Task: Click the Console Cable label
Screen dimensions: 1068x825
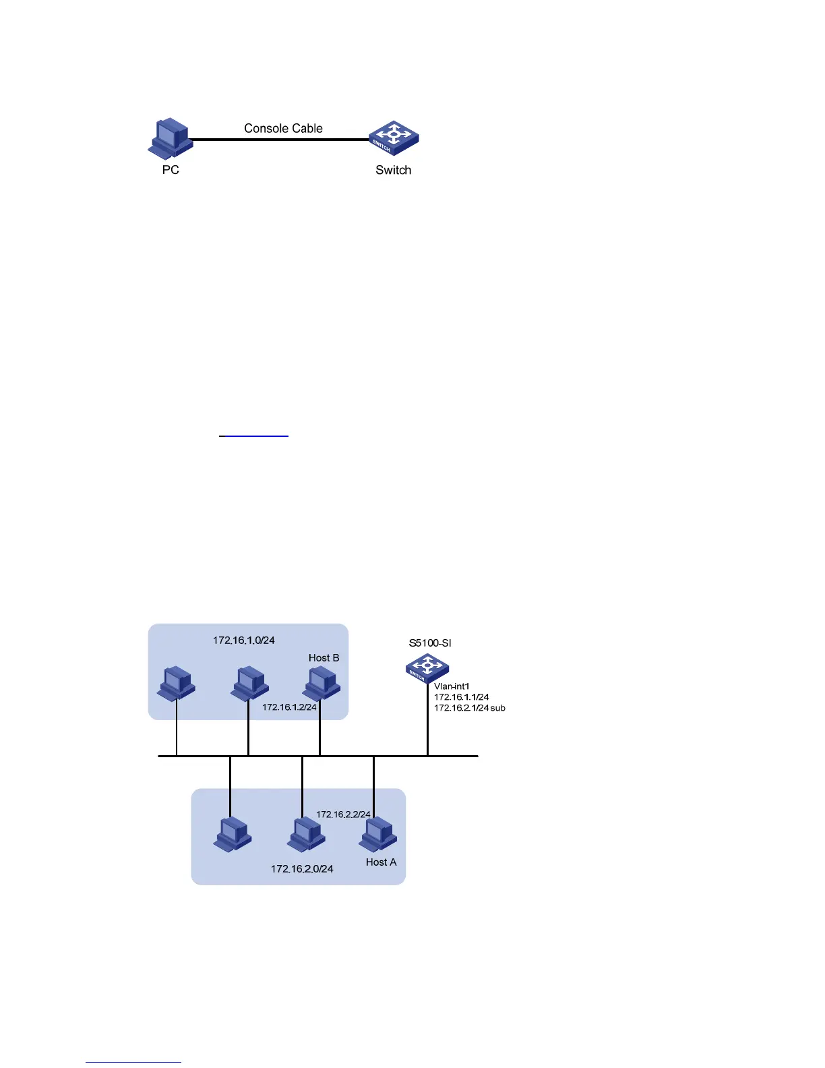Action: coord(283,128)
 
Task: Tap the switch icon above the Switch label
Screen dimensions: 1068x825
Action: coord(394,138)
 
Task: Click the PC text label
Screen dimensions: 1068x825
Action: coord(171,170)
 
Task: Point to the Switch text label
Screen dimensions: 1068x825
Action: coord(393,170)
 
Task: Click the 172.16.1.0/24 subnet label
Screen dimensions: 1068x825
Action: coord(244,640)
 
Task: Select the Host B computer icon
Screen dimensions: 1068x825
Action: coord(322,683)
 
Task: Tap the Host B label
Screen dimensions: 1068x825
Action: coord(324,657)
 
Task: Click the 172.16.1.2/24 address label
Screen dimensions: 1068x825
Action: coord(289,707)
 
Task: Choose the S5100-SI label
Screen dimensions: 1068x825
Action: coord(430,643)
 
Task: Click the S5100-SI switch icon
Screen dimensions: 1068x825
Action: coord(427,668)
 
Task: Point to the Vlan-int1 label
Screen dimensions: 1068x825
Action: coord(452,686)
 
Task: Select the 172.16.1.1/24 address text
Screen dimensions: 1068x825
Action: coord(462,697)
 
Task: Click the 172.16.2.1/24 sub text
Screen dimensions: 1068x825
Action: coord(470,708)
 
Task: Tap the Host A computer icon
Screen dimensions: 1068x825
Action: coord(378,834)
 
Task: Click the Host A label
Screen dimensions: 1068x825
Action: coord(381,862)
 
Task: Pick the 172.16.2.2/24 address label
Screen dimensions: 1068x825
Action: coord(343,814)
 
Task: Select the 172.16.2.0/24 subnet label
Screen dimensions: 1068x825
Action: coord(302,868)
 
